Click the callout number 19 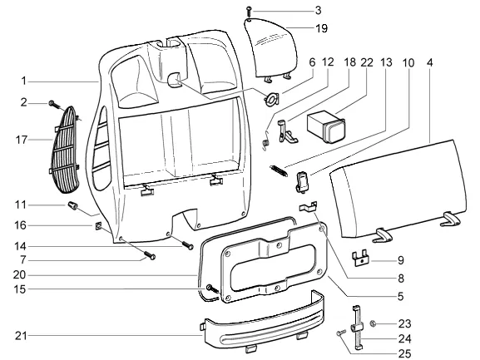tap(321, 28)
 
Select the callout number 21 tap(21, 336)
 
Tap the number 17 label tap(21, 140)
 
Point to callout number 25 tap(404, 354)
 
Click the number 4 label tap(430, 62)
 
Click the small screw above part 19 tap(249, 12)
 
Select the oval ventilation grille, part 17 tap(65, 150)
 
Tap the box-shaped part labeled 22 tap(326, 126)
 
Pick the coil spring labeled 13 tap(279, 170)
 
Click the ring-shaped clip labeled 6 tap(271, 100)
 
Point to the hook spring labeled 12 tap(265, 141)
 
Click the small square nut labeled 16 tap(97, 226)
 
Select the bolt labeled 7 tap(150, 254)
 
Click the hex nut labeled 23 tap(374, 323)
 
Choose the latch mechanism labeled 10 tap(302, 183)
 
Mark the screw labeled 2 tap(56, 105)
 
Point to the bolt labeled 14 tap(188, 245)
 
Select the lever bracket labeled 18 tap(287, 132)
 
